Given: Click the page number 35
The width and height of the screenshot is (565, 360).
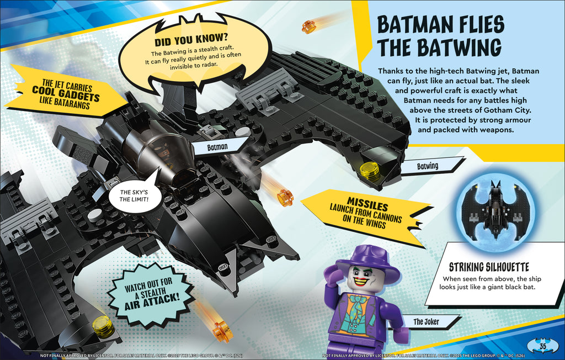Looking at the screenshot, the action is click(x=543, y=347).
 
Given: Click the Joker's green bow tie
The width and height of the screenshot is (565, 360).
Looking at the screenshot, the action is click(x=358, y=301).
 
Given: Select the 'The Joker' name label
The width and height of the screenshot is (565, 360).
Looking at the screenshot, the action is click(x=427, y=322).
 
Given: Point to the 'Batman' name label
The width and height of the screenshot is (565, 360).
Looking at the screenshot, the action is click(x=217, y=147).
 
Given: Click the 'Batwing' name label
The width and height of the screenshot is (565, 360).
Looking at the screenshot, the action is click(x=428, y=166).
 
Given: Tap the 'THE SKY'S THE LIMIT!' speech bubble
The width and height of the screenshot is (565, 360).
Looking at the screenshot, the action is click(x=134, y=195).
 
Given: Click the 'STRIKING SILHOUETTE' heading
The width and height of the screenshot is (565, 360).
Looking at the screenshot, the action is click(x=489, y=267).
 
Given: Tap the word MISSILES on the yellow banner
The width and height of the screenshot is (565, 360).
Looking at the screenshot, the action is click(x=367, y=204).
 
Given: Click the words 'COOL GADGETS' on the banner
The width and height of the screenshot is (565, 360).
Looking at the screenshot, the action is click(x=66, y=94).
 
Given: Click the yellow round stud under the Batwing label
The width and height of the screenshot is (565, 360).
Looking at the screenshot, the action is click(x=370, y=171).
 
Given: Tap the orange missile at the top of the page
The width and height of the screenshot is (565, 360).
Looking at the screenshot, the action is click(x=309, y=27).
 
